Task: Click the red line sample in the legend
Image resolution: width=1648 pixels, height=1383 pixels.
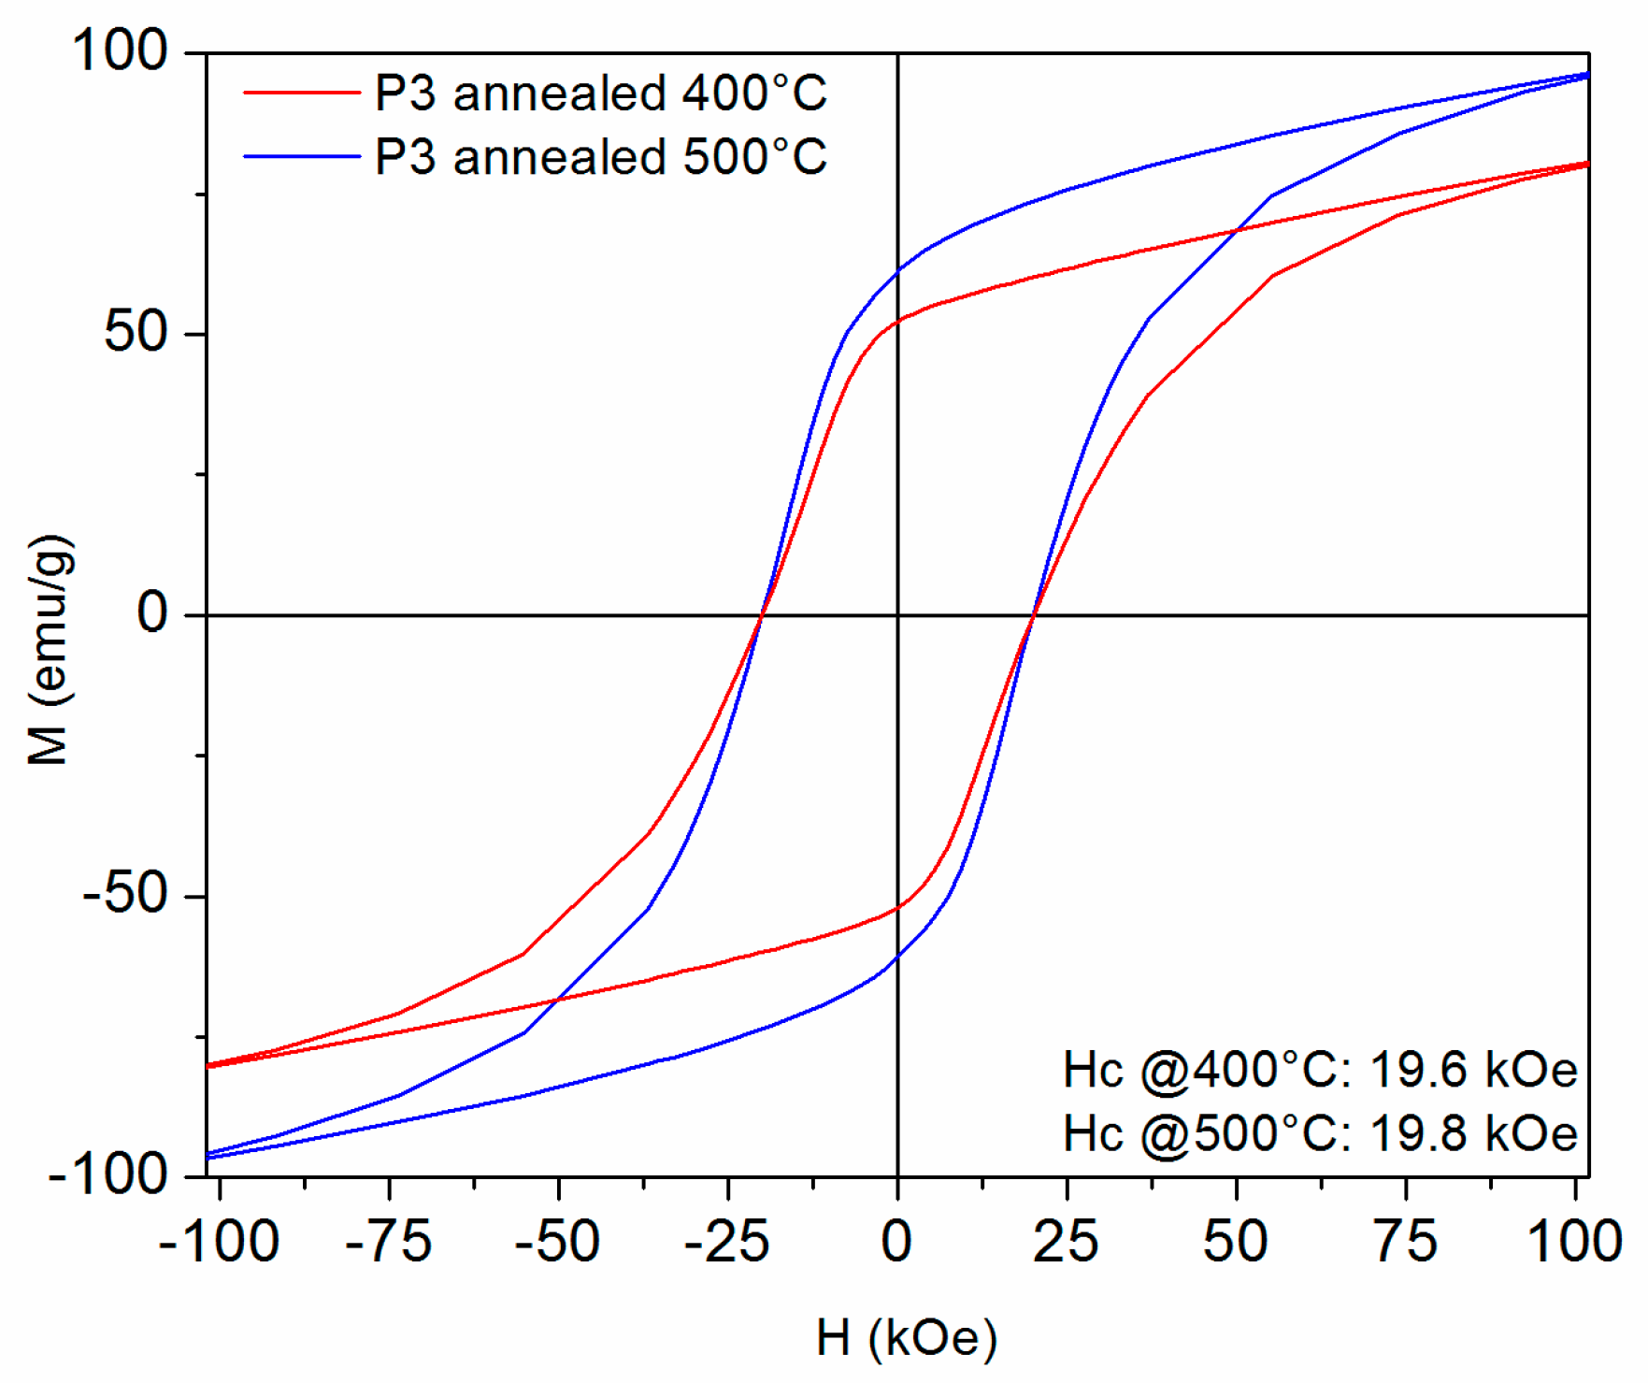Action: [x=301, y=93]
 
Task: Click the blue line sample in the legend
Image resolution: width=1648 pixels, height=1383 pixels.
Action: [x=301, y=156]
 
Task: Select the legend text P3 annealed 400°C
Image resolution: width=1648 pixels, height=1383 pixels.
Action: [x=600, y=93]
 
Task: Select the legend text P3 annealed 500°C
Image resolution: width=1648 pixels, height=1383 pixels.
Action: [x=600, y=156]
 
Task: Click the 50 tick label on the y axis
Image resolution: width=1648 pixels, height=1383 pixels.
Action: [x=136, y=332]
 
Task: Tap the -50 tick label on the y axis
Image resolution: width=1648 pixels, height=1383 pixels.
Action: [x=125, y=894]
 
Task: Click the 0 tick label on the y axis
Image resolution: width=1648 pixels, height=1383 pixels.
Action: [x=152, y=613]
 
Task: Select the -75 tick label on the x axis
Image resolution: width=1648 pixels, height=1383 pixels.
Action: [x=388, y=1242]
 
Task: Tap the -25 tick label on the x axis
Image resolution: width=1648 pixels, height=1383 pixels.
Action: [x=726, y=1242]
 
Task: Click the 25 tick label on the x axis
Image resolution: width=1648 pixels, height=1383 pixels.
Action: [x=1066, y=1242]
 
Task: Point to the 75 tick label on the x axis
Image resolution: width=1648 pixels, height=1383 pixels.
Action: [x=1405, y=1242]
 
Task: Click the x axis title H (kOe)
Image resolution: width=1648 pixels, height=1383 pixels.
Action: [x=906, y=1337]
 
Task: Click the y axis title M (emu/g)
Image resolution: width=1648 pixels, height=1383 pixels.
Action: [x=49, y=650]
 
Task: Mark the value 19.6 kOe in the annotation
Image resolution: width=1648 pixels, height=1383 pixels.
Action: [x=1473, y=1069]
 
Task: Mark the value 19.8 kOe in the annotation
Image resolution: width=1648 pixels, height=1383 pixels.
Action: [x=1473, y=1133]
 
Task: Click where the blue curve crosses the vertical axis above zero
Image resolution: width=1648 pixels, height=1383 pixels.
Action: [x=897, y=272]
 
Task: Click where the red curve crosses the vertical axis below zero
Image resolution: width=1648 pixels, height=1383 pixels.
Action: [x=897, y=907]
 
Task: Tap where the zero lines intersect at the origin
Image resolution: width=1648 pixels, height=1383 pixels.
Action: [x=897, y=615]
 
